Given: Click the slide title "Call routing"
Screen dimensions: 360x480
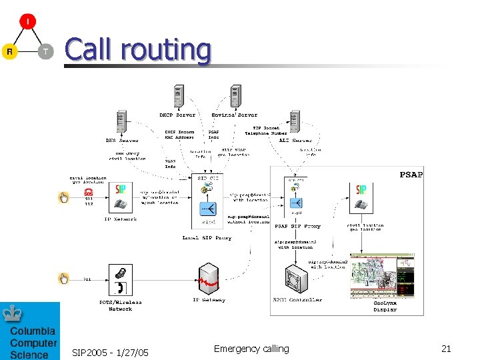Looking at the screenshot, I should pos(137,50).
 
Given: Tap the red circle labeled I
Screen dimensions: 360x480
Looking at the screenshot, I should pos(27,21).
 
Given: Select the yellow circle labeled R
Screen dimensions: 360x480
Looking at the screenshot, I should pos(9,51).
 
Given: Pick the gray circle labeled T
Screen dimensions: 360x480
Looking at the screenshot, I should pos(45,51).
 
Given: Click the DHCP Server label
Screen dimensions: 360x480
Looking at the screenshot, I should pos(177,115).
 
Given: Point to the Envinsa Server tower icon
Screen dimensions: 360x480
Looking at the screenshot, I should pos(235,96).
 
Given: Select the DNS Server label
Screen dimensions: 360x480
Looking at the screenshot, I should pos(121,141).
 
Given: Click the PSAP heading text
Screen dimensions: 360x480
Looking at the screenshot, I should pos(411,175).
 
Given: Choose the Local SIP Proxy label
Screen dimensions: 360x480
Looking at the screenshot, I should pos(207,237).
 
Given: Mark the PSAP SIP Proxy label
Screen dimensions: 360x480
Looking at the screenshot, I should pos(297,226).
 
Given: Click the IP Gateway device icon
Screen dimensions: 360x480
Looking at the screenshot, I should pos(209,279).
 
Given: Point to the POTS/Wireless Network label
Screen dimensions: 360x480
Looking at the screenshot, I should pos(121,305).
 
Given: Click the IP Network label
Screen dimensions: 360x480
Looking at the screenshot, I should pos(121,219).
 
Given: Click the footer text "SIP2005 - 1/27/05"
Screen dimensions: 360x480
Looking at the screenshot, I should pos(110,352).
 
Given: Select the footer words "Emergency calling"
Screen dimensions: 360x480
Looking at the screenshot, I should pos(251,349).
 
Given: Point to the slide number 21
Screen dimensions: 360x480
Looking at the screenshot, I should pos(446,349).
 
